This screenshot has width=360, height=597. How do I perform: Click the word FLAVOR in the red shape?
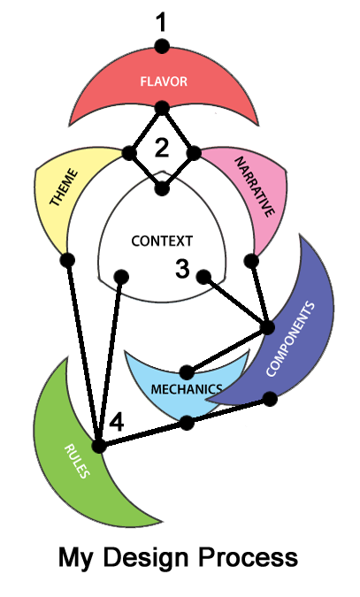click(x=164, y=81)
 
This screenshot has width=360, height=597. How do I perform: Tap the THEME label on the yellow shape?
click(x=64, y=188)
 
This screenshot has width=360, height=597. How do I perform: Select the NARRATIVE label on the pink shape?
click(x=254, y=187)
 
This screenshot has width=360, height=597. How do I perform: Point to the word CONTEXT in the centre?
click(x=162, y=241)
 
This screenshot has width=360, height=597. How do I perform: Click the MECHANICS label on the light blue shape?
click(x=187, y=389)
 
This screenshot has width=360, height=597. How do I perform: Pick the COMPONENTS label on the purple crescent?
click(x=291, y=339)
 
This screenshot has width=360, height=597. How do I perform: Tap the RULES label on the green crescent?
click(x=77, y=461)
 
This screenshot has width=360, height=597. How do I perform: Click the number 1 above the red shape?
click(x=162, y=22)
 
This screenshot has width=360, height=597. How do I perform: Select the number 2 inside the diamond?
click(x=162, y=148)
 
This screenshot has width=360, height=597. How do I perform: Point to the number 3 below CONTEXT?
click(x=182, y=268)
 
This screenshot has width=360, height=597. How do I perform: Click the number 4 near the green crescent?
click(x=117, y=422)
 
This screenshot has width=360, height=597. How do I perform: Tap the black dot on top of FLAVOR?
click(x=162, y=47)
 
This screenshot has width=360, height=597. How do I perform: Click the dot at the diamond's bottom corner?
click(x=162, y=188)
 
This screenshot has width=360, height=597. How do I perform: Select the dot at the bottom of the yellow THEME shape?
click(x=68, y=260)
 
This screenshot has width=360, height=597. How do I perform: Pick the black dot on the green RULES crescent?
click(x=99, y=446)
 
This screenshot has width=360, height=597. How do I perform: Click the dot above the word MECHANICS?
click(x=187, y=372)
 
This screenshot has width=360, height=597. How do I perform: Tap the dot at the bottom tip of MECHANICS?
click(x=187, y=423)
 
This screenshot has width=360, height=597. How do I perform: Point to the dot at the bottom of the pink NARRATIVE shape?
click(x=251, y=261)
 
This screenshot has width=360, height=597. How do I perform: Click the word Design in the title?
click(x=146, y=558)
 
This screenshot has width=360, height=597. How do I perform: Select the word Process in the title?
click(x=248, y=558)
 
